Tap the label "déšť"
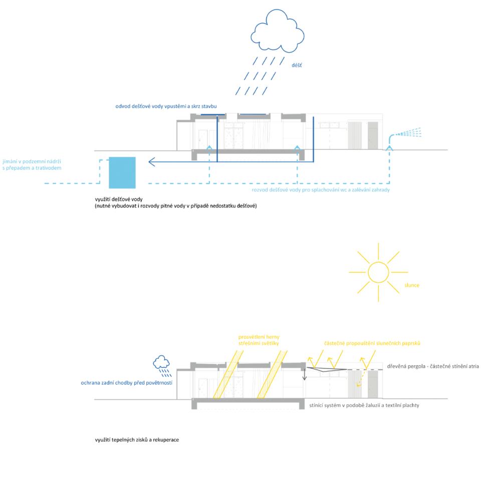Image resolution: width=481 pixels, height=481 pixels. (x=297, y=65)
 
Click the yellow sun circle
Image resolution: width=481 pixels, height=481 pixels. (x=378, y=273)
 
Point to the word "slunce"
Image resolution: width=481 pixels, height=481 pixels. (x=412, y=286)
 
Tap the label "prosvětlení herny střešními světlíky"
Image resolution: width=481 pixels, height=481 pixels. (x=258, y=340)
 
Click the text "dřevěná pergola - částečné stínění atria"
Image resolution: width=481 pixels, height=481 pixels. (x=433, y=367)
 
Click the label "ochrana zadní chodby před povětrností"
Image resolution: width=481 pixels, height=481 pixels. (x=127, y=383)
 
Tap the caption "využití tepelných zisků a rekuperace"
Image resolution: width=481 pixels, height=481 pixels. (x=137, y=439)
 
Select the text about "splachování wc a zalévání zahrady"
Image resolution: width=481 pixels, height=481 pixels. (x=321, y=190)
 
